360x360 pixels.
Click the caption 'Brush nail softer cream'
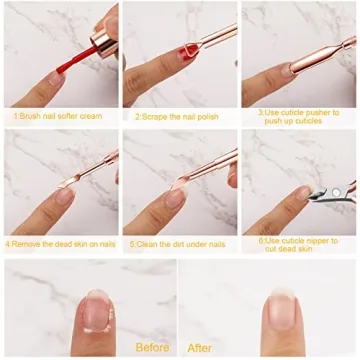(x=59, y=115)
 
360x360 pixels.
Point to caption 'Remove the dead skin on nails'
(x=60, y=242)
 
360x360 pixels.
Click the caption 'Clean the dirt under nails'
(x=179, y=242)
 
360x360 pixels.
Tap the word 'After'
(x=200, y=348)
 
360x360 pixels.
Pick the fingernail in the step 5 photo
(x=176, y=198)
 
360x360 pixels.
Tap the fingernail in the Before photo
(x=95, y=311)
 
